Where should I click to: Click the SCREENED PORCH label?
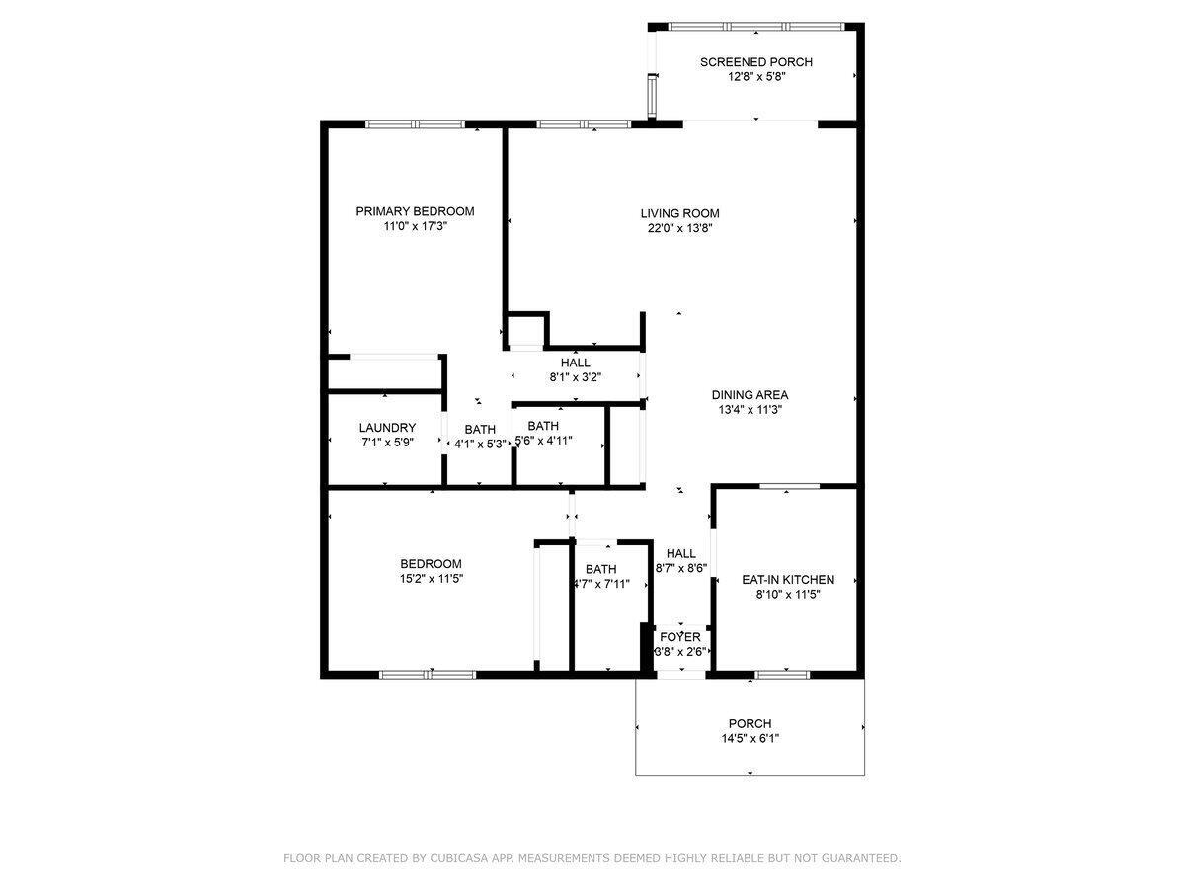(x=755, y=62)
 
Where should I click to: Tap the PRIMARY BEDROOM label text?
(x=415, y=211)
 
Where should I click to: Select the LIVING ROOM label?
(x=679, y=213)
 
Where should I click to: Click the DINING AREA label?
(x=750, y=395)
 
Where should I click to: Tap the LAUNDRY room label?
(x=387, y=428)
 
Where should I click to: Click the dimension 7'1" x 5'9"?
(x=387, y=443)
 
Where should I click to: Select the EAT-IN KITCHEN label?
(x=788, y=580)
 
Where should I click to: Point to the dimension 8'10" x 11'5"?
(x=788, y=595)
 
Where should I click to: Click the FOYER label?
(x=680, y=637)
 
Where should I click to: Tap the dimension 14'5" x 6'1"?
(x=750, y=738)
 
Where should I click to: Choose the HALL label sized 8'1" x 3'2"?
(x=575, y=363)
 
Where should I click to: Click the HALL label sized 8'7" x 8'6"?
(x=680, y=553)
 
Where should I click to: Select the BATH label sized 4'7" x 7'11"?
(x=600, y=569)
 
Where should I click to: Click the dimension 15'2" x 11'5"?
(x=431, y=579)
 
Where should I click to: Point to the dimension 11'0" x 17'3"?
(x=415, y=226)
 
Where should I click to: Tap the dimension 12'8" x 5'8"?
(x=755, y=77)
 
